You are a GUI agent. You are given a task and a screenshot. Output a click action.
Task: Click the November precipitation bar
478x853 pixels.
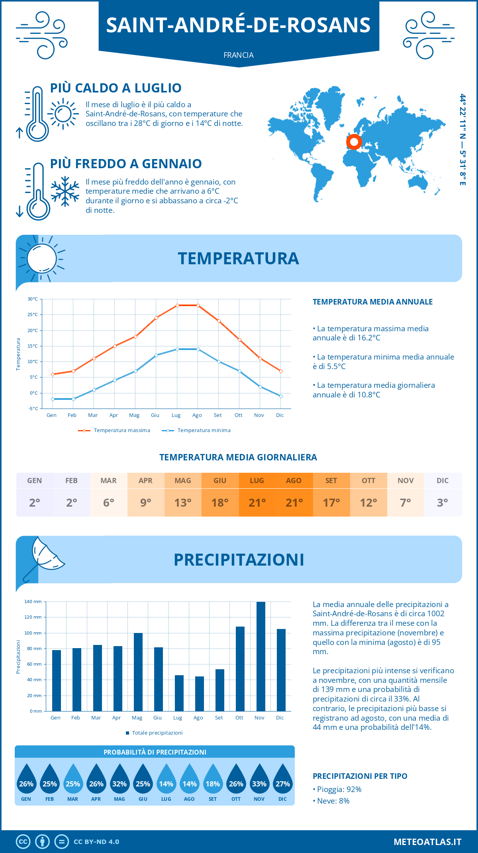261,656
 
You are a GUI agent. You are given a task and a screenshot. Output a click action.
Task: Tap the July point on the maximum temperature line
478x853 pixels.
177,305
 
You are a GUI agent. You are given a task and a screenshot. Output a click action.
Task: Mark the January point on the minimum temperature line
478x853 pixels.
53,399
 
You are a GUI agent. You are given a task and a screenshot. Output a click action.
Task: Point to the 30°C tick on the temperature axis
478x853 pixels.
33,299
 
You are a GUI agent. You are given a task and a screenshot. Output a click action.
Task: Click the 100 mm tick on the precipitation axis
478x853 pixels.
33,633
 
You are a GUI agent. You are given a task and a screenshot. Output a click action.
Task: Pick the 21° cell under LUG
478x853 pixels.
257,503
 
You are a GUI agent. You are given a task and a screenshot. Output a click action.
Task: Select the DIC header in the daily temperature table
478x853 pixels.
443,481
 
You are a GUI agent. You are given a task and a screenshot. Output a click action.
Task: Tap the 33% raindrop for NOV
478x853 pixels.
259,781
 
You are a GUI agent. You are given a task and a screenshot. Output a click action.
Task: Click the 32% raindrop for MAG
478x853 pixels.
119,781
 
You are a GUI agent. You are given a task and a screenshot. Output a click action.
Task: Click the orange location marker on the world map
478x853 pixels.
354,142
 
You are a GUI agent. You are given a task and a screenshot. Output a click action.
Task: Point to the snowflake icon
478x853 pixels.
65,191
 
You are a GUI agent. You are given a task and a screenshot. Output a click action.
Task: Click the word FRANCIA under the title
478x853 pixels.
239,55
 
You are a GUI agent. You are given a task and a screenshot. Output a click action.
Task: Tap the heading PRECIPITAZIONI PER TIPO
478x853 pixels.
360,776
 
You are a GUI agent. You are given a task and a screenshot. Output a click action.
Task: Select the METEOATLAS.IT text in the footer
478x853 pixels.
427,842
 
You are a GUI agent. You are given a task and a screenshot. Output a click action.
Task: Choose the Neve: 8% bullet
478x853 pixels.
331,801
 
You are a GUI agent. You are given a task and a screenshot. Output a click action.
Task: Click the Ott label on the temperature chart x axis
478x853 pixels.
239,415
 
